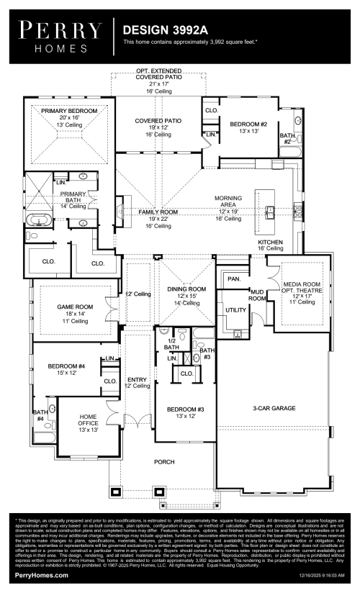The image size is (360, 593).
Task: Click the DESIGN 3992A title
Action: (x=166, y=31)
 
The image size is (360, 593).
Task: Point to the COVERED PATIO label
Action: (x=158, y=121)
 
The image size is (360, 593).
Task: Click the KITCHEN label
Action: (x=271, y=243)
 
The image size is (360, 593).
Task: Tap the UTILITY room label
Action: (x=235, y=309)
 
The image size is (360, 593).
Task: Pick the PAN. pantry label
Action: (x=233, y=278)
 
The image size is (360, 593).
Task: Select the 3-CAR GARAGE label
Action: (x=271, y=408)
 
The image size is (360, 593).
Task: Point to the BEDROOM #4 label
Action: (x=66, y=366)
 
